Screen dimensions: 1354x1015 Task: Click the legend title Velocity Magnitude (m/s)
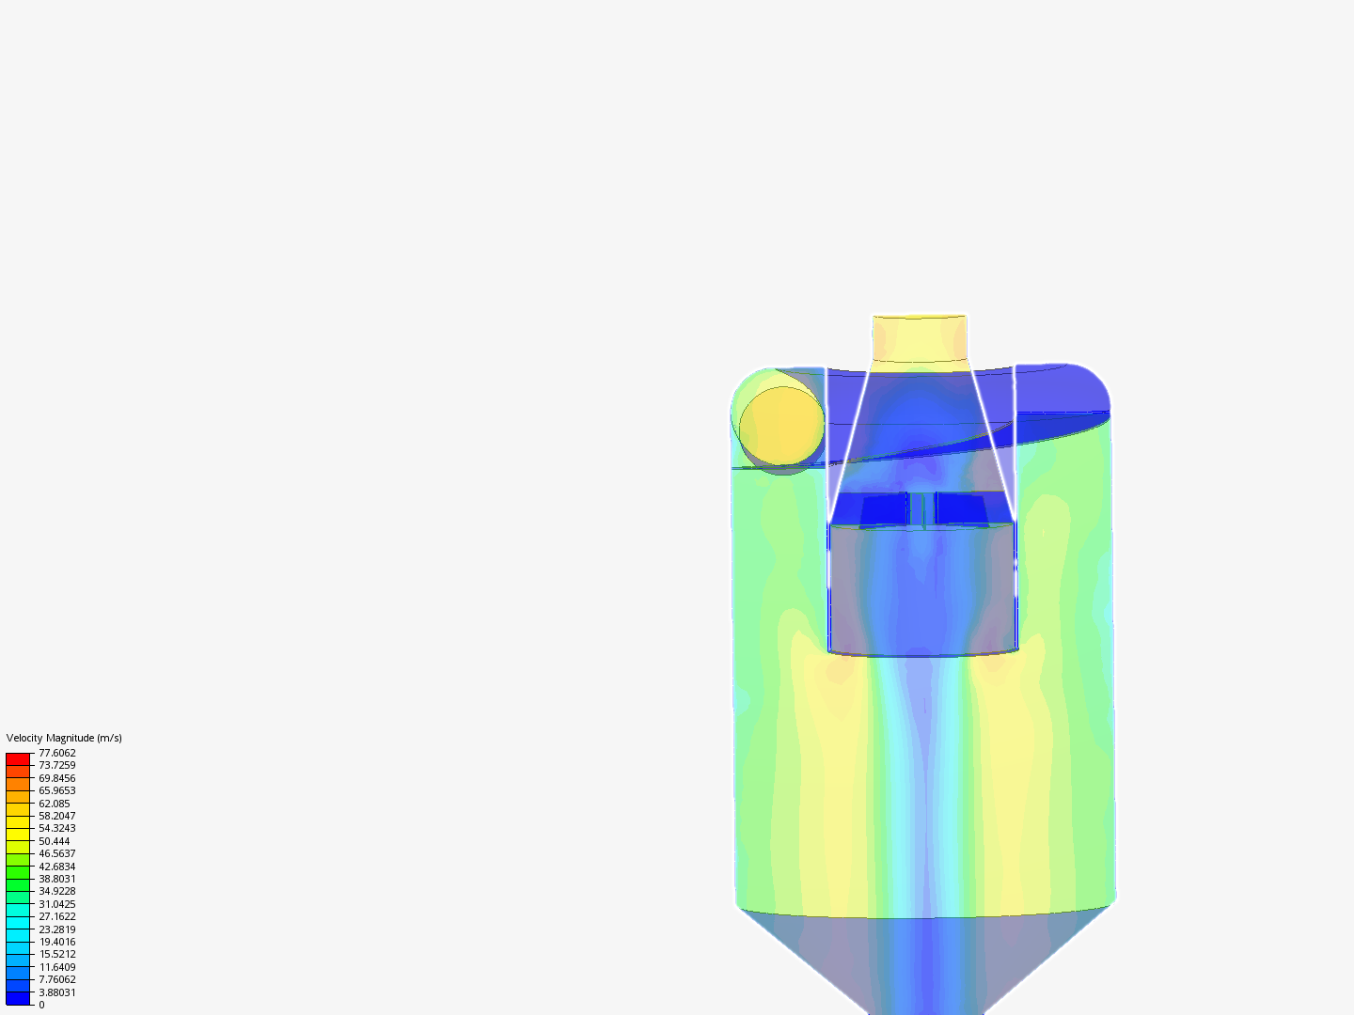coord(64,738)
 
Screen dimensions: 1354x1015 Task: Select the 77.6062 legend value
coord(56,753)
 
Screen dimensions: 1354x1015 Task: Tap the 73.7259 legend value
coord(56,765)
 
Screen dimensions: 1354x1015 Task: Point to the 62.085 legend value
coord(55,804)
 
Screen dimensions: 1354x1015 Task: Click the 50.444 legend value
coord(55,841)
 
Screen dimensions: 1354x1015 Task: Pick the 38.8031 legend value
coord(56,879)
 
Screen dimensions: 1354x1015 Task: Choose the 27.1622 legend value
coord(56,916)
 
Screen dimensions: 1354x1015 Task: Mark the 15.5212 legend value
coord(56,954)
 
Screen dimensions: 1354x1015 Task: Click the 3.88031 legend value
coord(56,992)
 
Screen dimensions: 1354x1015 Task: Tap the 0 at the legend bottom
coord(41,1005)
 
